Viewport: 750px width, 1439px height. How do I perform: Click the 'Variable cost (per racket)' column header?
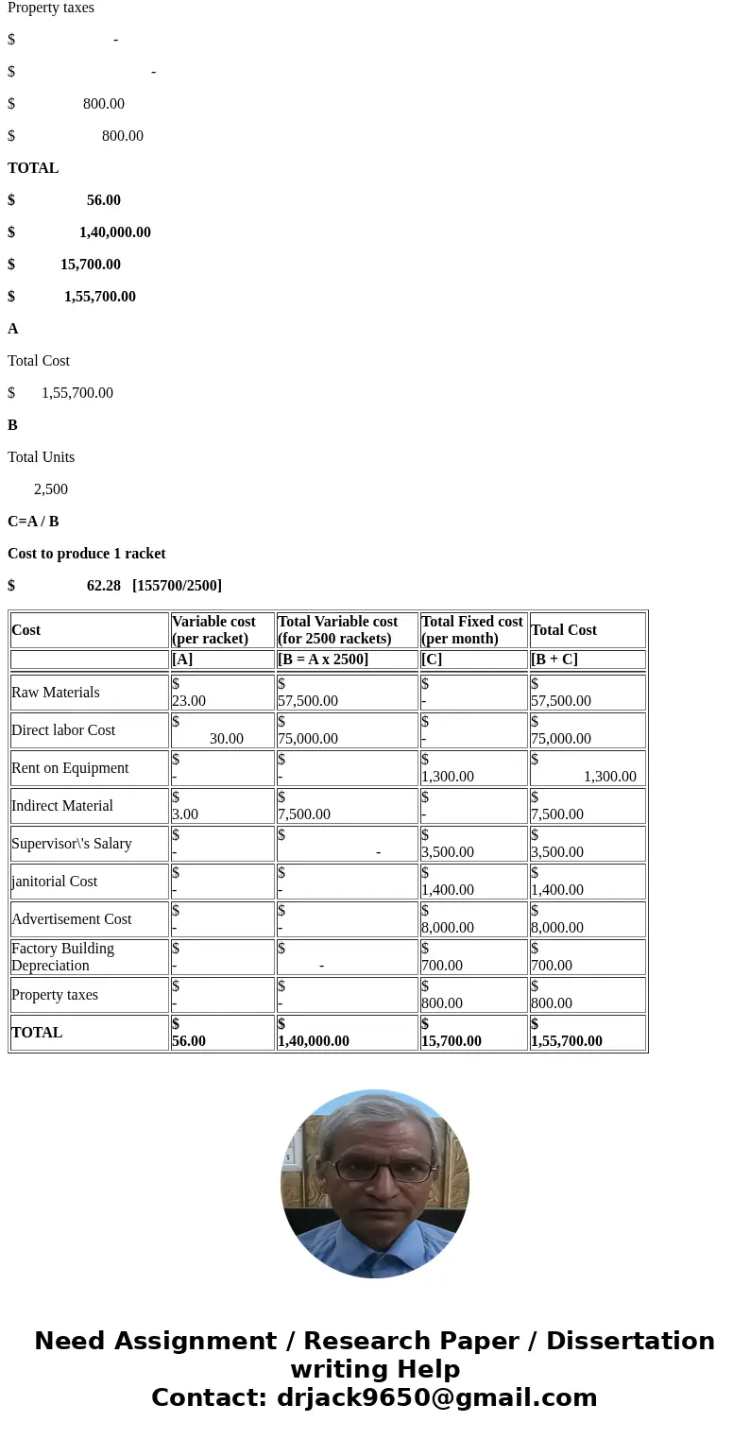tap(213, 630)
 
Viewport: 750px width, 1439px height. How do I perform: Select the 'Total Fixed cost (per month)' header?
tap(471, 630)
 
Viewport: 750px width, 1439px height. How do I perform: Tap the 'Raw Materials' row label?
tap(56, 693)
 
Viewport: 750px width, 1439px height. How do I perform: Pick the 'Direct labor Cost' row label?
tap(63, 730)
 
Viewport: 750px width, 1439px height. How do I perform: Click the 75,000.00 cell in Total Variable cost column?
tap(308, 738)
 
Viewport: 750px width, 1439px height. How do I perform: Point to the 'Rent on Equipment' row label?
tap(70, 768)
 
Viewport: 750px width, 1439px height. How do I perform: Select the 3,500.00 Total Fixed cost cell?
tap(448, 851)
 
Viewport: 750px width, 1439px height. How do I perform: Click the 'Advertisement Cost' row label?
tap(72, 919)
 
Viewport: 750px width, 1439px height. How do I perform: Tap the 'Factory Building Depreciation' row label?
tap(63, 957)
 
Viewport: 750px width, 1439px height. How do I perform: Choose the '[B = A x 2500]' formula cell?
tap(323, 660)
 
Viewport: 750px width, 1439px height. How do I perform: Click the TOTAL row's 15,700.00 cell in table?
tap(452, 1040)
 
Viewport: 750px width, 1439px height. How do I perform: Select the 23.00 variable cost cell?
tap(189, 700)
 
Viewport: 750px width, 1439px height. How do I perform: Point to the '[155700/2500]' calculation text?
tap(178, 586)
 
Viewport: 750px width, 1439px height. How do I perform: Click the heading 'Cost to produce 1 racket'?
tap(87, 554)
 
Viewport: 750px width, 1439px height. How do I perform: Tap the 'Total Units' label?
tap(42, 457)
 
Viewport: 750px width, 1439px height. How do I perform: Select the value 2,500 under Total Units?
tap(51, 489)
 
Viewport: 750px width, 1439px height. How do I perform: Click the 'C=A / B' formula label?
tap(33, 522)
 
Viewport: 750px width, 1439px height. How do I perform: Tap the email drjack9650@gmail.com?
tap(437, 1398)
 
